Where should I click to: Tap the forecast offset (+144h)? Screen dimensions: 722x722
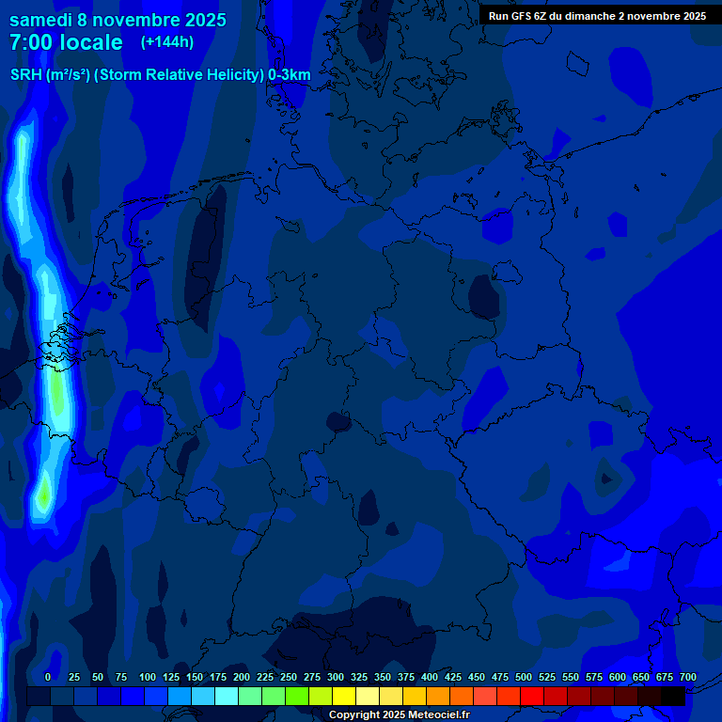coord(167,42)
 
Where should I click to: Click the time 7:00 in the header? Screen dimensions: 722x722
coord(36,42)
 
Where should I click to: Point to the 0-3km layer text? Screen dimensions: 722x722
coord(289,75)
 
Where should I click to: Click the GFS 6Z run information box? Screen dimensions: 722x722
coord(597,16)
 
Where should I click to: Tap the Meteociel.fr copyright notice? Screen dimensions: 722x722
coord(398,715)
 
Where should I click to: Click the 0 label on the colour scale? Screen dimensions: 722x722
coord(48,678)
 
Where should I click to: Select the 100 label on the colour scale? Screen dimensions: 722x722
coord(148,678)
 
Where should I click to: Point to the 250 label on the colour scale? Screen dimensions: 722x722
coord(289,678)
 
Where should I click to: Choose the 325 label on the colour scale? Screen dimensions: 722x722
coord(359,678)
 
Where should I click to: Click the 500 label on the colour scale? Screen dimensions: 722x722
coord(524,678)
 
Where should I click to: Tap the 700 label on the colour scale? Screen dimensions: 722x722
coord(688,678)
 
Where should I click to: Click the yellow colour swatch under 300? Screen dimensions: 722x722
coord(344,696)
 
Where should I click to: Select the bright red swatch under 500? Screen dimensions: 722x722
coord(532,696)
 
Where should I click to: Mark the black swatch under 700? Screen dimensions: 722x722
coord(673,696)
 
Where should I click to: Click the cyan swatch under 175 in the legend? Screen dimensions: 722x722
coord(227,696)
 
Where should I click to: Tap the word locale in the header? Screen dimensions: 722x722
coord(91,42)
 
